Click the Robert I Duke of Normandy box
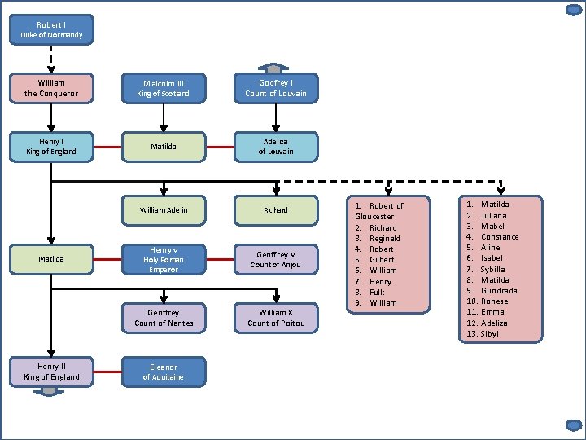(x=51, y=30)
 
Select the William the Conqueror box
(x=51, y=88)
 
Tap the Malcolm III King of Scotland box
(x=164, y=88)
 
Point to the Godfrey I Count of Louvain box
(x=276, y=88)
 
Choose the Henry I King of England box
(x=51, y=147)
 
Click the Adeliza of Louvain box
(x=276, y=147)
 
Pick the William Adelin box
(x=164, y=209)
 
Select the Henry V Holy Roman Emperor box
(x=164, y=260)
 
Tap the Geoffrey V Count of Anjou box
(x=276, y=260)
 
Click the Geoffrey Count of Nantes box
(x=164, y=318)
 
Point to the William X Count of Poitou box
(x=276, y=318)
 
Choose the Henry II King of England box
(x=51, y=372)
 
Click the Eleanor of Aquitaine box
(x=164, y=372)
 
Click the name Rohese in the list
(x=494, y=301)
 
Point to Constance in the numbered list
(x=500, y=236)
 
